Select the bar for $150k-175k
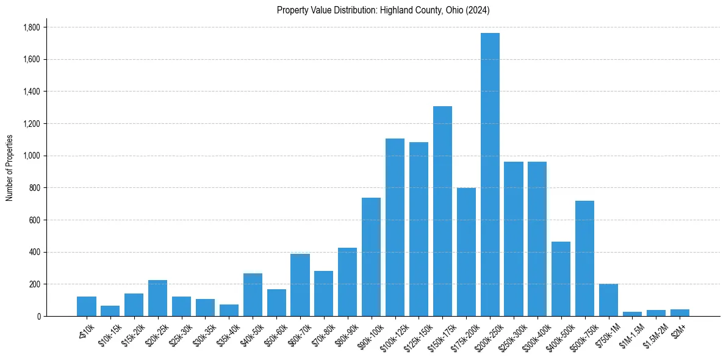(x=442, y=211)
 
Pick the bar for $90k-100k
(x=371, y=257)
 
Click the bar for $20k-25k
(x=157, y=298)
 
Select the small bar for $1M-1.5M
(x=632, y=314)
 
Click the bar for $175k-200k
(x=466, y=252)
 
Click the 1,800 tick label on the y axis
(x=32, y=27)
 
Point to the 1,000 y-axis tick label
(x=32, y=156)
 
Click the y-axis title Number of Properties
(x=9, y=167)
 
